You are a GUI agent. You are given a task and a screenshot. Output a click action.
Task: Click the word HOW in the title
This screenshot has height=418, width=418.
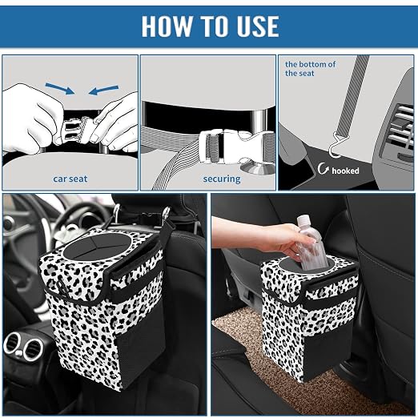click(167, 26)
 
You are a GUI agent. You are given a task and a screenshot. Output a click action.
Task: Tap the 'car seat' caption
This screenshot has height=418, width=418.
click(70, 179)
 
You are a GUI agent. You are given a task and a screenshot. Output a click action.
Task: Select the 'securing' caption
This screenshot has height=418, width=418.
click(222, 179)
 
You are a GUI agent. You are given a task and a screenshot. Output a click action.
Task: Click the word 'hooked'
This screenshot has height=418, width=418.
click(345, 171)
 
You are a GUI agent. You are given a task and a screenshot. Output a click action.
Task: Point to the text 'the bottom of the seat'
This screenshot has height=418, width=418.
click(310, 69)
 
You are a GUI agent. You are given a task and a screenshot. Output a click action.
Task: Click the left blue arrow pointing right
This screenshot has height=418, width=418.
click(60, 89)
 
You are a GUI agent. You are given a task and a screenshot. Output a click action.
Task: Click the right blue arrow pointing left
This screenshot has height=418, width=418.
click(103, 90)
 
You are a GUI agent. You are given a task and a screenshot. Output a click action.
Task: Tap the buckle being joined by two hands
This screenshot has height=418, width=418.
click(78, 131)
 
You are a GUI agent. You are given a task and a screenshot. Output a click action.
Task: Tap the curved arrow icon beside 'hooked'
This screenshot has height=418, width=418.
click(323, 168)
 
